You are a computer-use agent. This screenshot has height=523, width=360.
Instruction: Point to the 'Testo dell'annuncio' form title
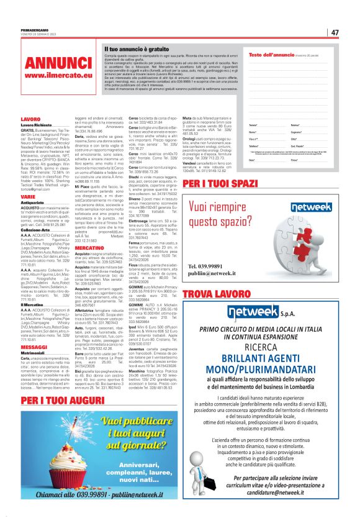coord(269,55)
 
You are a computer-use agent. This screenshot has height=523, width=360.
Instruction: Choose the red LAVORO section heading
coord(30,118)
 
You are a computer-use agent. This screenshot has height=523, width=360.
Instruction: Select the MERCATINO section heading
coord(90,247)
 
